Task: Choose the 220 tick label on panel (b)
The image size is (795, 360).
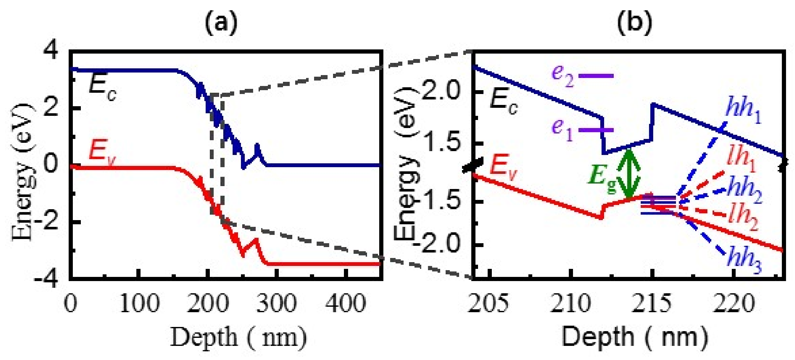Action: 733,303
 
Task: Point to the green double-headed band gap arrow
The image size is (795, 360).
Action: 629,174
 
